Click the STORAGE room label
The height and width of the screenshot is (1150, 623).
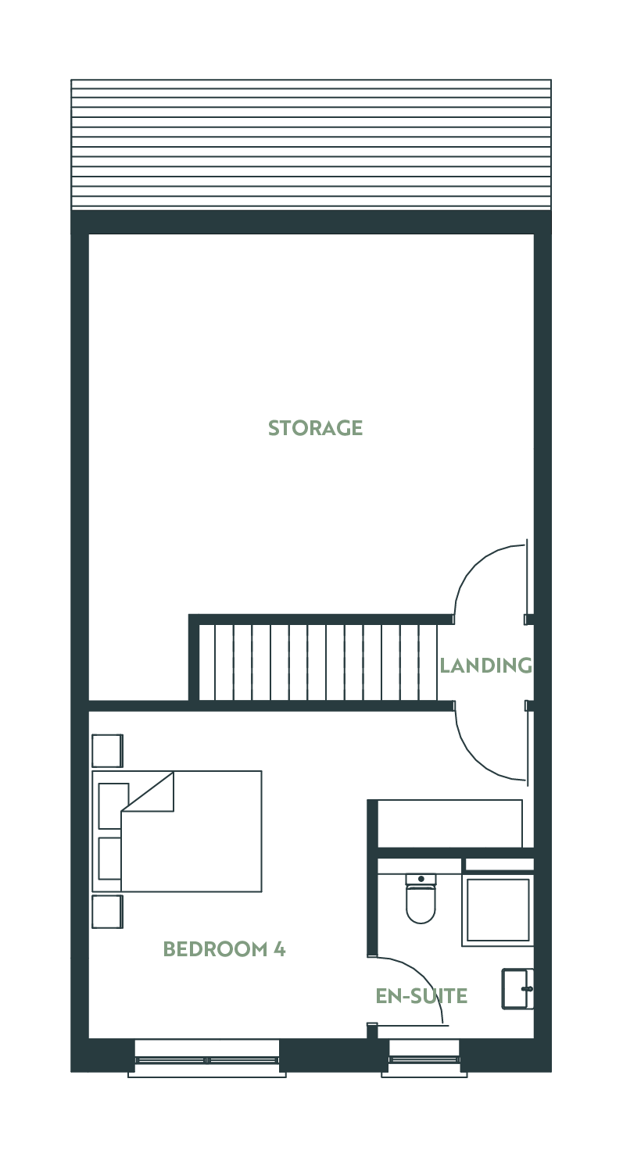click(315, 427)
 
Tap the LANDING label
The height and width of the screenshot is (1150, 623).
click(486, 666)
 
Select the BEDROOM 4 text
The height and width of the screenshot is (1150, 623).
click(224, 949)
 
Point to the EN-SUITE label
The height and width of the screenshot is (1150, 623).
click(421, 996)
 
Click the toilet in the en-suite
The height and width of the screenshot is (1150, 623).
click(421, 898)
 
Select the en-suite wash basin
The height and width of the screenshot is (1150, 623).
click(517, 989)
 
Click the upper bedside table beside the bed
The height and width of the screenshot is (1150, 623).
click(107, 751)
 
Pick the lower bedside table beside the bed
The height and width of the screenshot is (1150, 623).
click(107, 912)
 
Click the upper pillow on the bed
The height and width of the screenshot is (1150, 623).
click(113, 805)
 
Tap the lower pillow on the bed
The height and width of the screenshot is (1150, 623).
click(109, 859)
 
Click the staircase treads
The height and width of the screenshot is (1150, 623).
click(318, 662)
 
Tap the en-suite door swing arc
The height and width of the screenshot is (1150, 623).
click(422, 976)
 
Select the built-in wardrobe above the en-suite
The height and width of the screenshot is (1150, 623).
click(450, 823)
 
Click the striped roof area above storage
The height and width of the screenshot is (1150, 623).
click(311, 145)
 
